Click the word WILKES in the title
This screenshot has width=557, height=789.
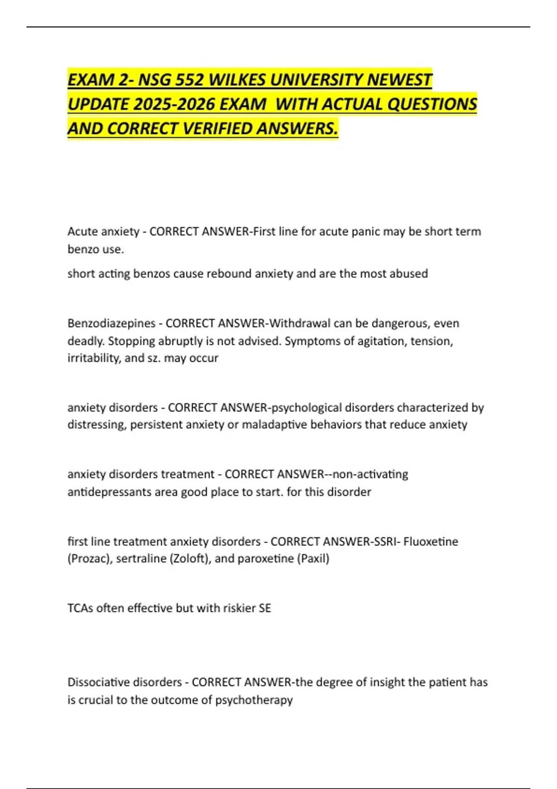point(237,80)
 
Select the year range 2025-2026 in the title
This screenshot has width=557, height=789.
point(174,104)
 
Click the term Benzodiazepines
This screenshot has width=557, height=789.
point(111,323)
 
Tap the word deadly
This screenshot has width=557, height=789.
point(86,341)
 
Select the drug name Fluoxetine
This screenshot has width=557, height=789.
point(431,542)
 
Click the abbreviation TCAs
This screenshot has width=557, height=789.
point(80,608)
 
